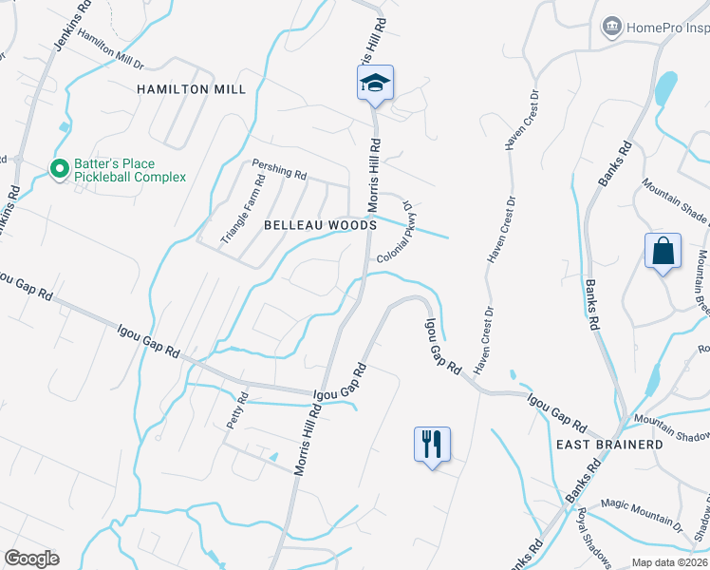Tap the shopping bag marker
[663, 252]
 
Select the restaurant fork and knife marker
[432, 443]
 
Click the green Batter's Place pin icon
[59, 169]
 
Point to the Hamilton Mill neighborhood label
[191, 89]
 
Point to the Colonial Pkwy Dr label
[395, 235]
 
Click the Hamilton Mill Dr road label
[110, 49]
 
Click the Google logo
[31, 559]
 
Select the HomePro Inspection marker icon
[612, 27]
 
